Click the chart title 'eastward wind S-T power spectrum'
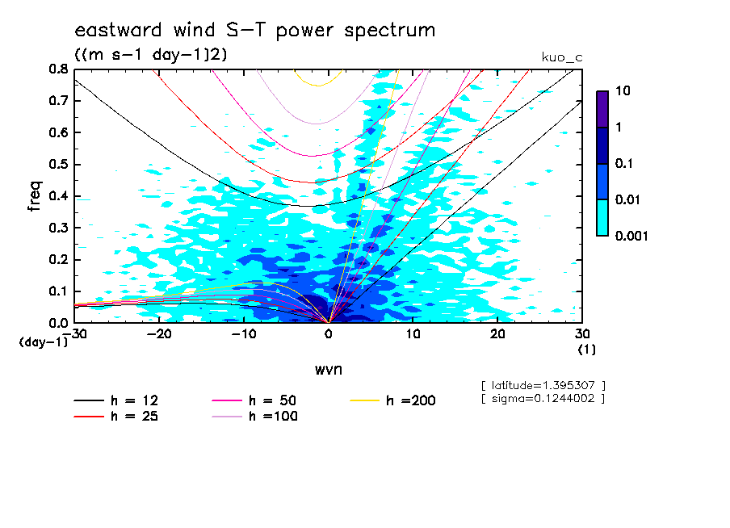254,31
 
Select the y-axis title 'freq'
35,195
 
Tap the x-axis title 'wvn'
328,368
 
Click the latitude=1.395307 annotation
543,385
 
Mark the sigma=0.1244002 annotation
543,398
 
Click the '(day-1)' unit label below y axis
44,342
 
